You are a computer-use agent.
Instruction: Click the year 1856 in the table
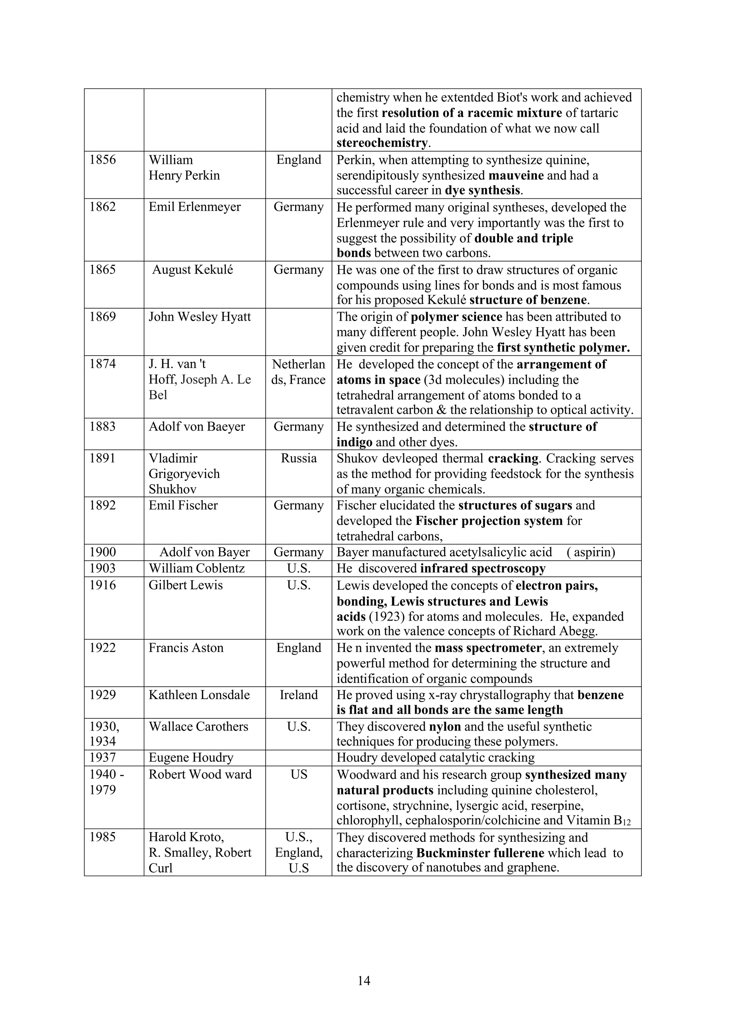tap(103, 160)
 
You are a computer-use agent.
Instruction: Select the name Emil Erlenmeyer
tap(195, 207)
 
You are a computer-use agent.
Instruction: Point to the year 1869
tap(103, 317)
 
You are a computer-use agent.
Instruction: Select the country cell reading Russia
tap(298, 458)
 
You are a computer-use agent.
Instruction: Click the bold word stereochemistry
tap(382, 143)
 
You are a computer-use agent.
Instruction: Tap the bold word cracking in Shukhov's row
tap(513, 458)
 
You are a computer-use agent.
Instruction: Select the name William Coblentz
tap(197, 568)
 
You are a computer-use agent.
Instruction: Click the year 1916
tap(103, 585)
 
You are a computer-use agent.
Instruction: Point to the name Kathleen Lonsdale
tap(199, 694)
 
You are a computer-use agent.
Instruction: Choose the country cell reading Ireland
tap(298, 694)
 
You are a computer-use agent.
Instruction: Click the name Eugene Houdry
tap(191, 758)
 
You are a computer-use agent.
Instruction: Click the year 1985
tap(103, 837)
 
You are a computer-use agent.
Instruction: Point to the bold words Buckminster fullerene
tap(480, 853)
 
